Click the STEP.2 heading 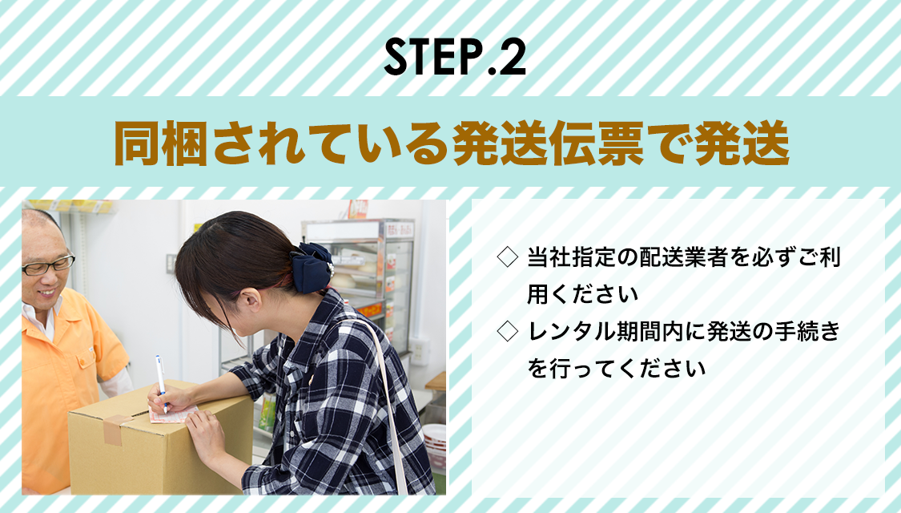[x=455, y=56]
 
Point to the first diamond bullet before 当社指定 [x=508, y=257]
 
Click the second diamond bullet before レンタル [x=508, y=331]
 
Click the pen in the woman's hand [x=161, y=382]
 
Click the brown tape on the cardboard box [x=115, y=430]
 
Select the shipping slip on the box [x=171, y=414]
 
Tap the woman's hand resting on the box [x=205, y=434]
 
